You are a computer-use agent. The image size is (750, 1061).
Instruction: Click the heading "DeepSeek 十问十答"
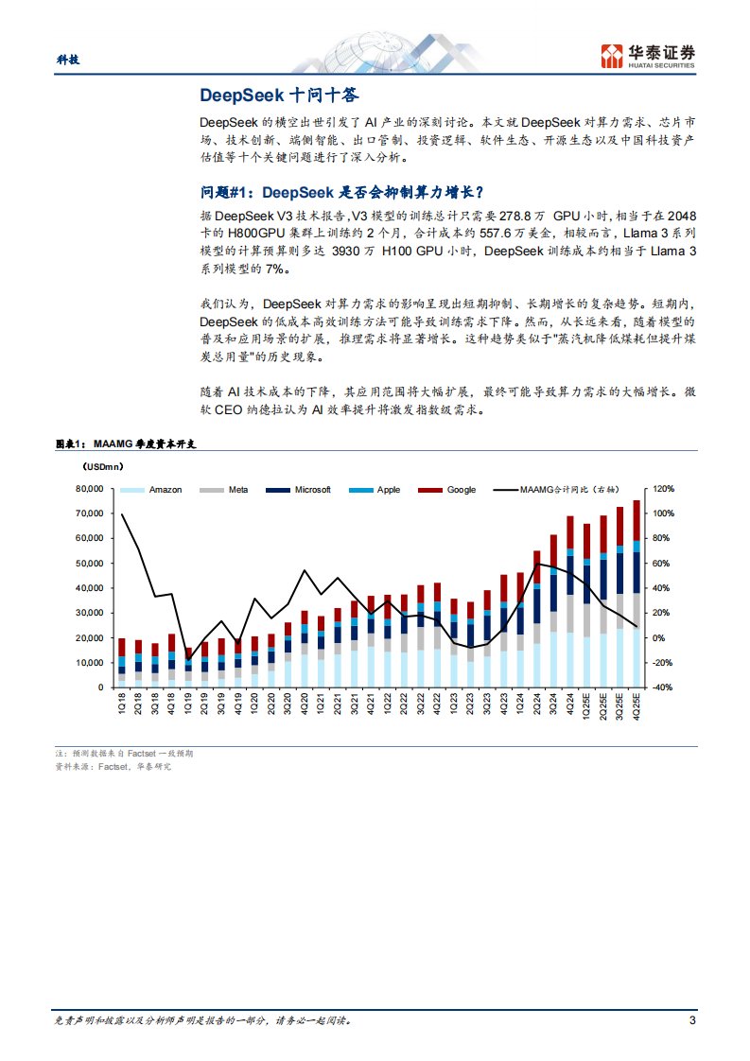pyautogui.click(x=280, y=96)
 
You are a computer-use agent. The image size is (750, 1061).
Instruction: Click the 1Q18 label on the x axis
pyautogui.click(x=122, y=704)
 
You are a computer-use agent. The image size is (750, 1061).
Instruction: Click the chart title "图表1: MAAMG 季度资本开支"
pyautogui.click(x=131, y=444)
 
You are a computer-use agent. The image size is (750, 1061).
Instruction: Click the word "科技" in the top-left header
pyautogui.click(x=67, y=59)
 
